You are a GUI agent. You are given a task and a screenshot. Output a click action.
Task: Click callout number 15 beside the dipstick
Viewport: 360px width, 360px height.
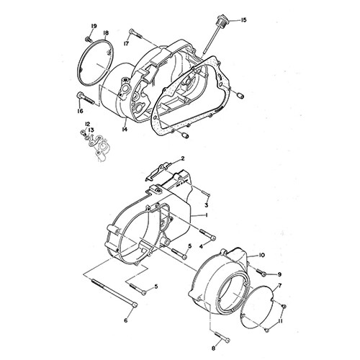(x=243, y=20)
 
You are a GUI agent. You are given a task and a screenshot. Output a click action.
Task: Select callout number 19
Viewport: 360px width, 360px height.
(x=94, y=26)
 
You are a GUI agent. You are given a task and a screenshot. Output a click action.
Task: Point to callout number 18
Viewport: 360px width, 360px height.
(x=106, y=33)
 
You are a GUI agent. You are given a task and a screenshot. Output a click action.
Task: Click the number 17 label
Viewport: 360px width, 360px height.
(x=126, y=43)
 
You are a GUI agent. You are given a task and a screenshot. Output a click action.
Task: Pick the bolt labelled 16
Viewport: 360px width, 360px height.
(x=85, y=99)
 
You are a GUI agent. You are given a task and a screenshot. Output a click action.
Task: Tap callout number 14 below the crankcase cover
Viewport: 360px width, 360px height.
(x=125, y=130)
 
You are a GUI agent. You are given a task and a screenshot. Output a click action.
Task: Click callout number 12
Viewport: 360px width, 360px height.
(x=87, y=124)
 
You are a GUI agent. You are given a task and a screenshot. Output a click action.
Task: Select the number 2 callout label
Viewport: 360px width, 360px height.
(x=183, y=158)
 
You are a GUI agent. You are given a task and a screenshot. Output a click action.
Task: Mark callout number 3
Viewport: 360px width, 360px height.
(x=207, y=205)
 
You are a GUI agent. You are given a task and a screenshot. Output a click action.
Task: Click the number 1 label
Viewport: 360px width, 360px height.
(x=207, y=215)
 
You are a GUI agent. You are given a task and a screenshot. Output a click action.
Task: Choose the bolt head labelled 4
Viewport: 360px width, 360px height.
(x=213, y=238)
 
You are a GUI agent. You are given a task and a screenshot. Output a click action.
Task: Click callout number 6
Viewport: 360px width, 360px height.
(x=126, y=320)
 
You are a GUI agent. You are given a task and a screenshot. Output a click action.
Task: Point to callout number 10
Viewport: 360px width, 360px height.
(x=261, y=255)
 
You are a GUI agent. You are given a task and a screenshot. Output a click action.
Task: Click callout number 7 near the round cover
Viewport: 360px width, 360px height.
(x=280, y=286)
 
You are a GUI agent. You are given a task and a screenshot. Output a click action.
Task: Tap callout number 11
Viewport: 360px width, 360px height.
(x=279, y=321)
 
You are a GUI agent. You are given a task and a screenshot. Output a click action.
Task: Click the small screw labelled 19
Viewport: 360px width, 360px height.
(x=88, y=38)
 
